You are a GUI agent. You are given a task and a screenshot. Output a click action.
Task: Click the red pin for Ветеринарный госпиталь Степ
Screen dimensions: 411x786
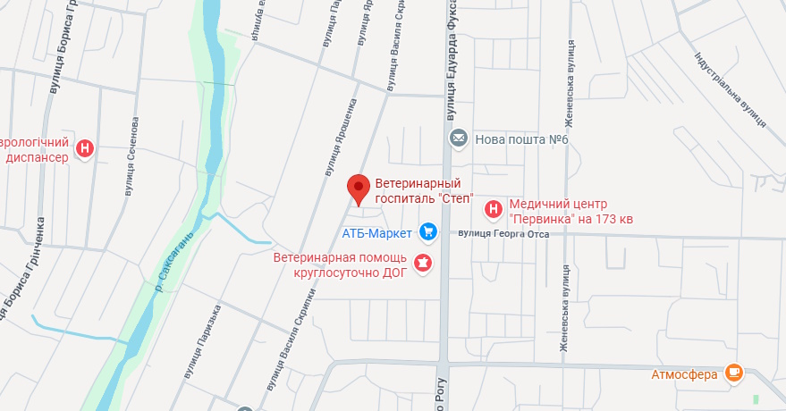click(x=359, y=188)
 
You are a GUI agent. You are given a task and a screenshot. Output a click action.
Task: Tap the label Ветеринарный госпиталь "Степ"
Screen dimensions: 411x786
click(x=422, y=190)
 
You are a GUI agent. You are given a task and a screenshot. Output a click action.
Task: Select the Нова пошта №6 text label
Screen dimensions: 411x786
click(x=521, y=139)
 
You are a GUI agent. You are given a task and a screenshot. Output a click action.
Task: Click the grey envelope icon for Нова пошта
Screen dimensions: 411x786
click(x=459, y=138)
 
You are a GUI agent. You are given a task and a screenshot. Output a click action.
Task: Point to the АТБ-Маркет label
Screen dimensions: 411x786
click(x=377, y=233)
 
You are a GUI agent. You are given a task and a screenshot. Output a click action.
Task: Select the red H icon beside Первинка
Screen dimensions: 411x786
click(x=492, y=210)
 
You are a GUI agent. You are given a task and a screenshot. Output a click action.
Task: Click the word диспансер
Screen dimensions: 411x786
click(x=37, y=157)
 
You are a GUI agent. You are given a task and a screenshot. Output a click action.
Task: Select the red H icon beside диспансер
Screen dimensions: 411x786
click(x=85, y=148)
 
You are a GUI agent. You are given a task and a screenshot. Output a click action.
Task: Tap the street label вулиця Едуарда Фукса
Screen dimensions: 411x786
click(x=451, y=63)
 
